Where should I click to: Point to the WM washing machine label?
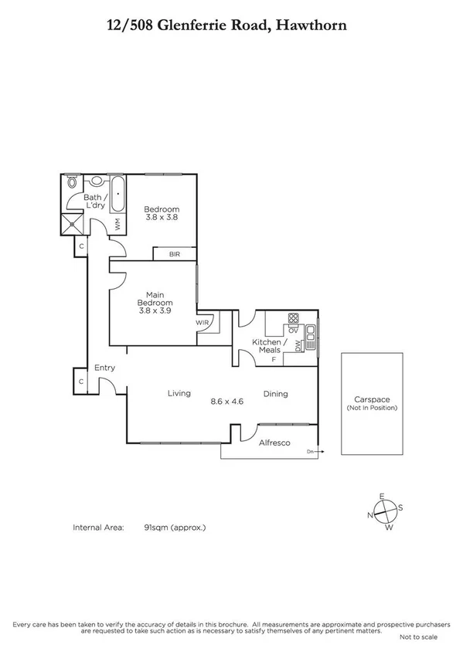(117, 224)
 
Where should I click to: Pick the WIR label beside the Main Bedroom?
(203, 322)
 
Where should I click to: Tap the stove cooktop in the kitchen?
(293, 317)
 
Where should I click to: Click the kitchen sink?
(310, 332)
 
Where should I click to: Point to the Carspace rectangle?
(372, 403)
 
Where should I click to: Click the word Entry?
(104, 368)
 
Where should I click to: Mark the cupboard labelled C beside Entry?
(80, 382)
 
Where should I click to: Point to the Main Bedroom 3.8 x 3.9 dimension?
(155, 311)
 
